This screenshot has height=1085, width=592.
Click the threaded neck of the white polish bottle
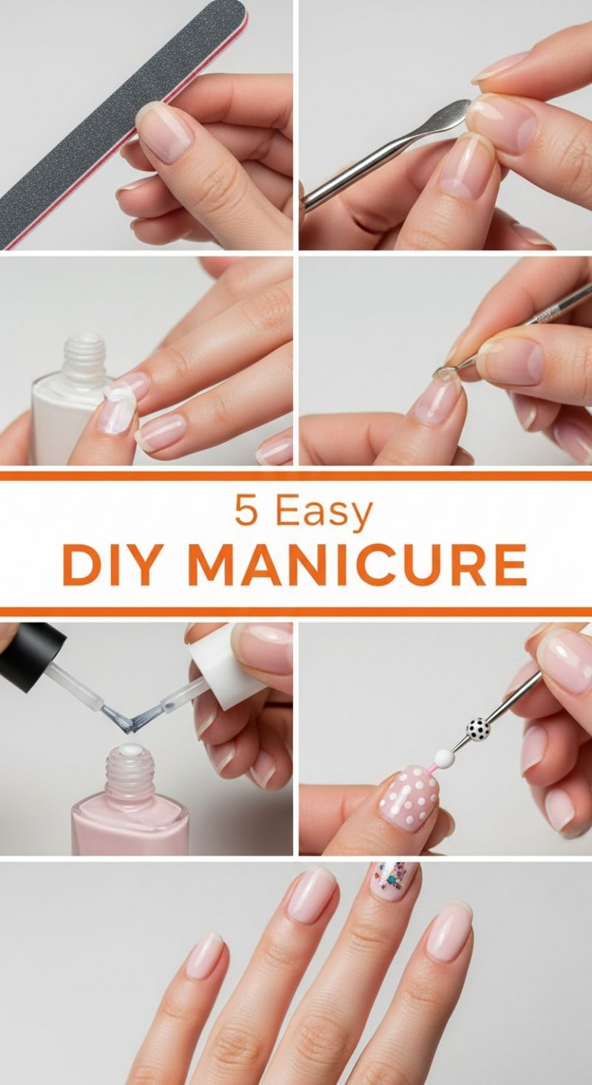pos(83,355)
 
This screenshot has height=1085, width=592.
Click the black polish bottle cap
pos(30,644)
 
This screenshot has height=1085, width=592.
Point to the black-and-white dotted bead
pos(478,729)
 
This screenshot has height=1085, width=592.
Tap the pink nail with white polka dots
pos(408,799)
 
